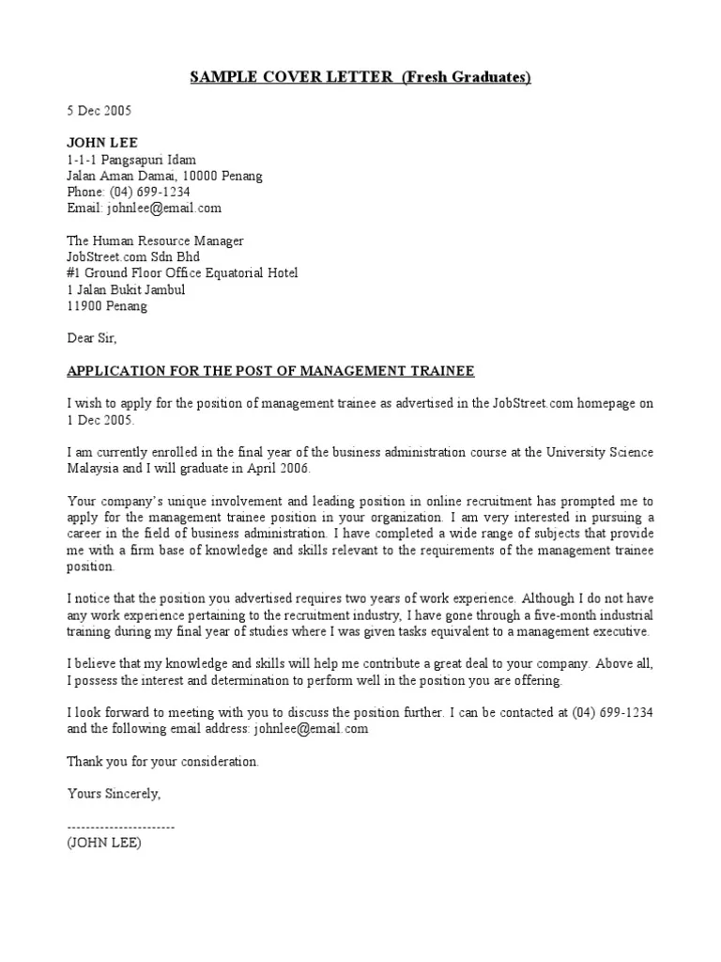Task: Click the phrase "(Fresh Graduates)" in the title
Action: (467, 77)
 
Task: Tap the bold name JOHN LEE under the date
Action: (102, 143)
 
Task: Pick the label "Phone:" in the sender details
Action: (86, 192)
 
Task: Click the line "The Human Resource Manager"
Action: (155, 240)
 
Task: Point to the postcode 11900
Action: (85, 305)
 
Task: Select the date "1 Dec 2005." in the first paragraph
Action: (100, 419)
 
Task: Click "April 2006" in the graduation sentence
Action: (272, 468)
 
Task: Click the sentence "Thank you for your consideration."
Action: (162, 761)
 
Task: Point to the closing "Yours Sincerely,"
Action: (115, 794)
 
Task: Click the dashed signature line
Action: (121, 826)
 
